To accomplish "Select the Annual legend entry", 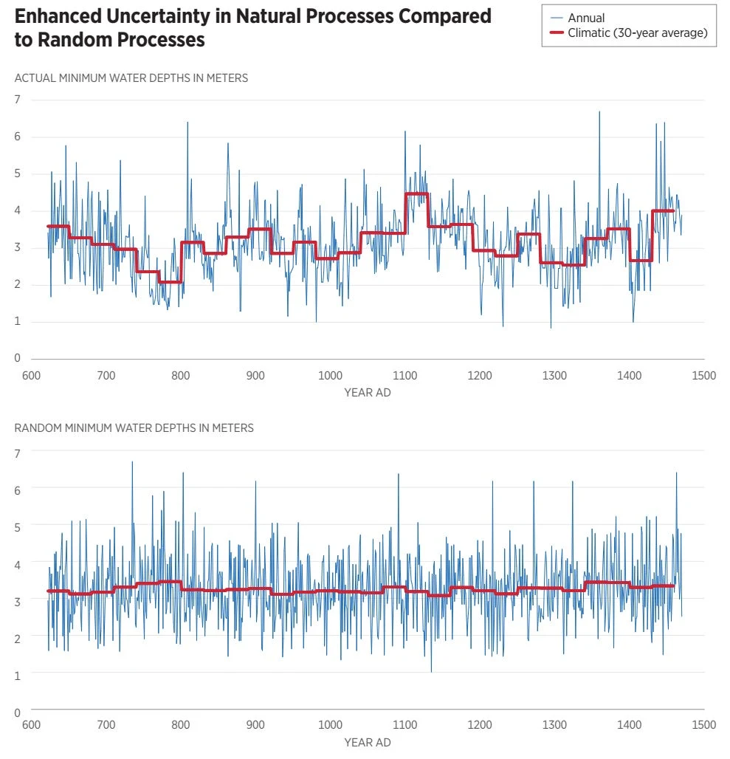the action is [x=578, y=18].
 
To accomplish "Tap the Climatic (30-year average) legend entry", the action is [x=629, y=33].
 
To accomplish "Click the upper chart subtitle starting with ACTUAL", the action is [x=131, y=78].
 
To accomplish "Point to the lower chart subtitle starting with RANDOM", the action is [x=134, y=428].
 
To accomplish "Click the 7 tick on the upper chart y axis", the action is [x=18, y=100].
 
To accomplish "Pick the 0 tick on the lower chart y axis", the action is [x=18, y=712].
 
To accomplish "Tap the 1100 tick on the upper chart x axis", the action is [x=405, y=376].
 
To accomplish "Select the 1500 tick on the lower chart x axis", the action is [x=704, y=725].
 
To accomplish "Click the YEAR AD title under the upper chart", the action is [x=368, y=393].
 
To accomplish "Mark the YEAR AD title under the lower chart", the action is [x=368, y=743].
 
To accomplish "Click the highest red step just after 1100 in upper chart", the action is [x=416, y=193].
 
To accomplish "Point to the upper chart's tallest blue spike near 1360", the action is [x=599, y=112].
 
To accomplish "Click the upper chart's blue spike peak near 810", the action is [x=187, y=123].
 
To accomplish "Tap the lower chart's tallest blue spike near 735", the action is [x=132, y=462].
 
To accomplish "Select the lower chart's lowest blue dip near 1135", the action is [x=431, y=671].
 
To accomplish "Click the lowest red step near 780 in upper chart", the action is [x=171, y=282].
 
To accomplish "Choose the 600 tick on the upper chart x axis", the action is [x=32, y=376].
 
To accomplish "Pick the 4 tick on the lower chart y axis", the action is [x=18, y=565].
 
